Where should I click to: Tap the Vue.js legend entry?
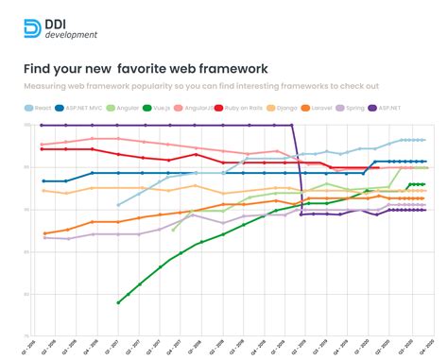(x=161, y=108)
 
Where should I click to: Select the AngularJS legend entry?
(x=197, y=108)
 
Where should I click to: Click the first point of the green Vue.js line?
(x=119, y=302)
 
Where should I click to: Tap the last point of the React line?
(x=424, y=140)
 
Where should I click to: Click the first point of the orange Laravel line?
(x=44, y=233)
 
